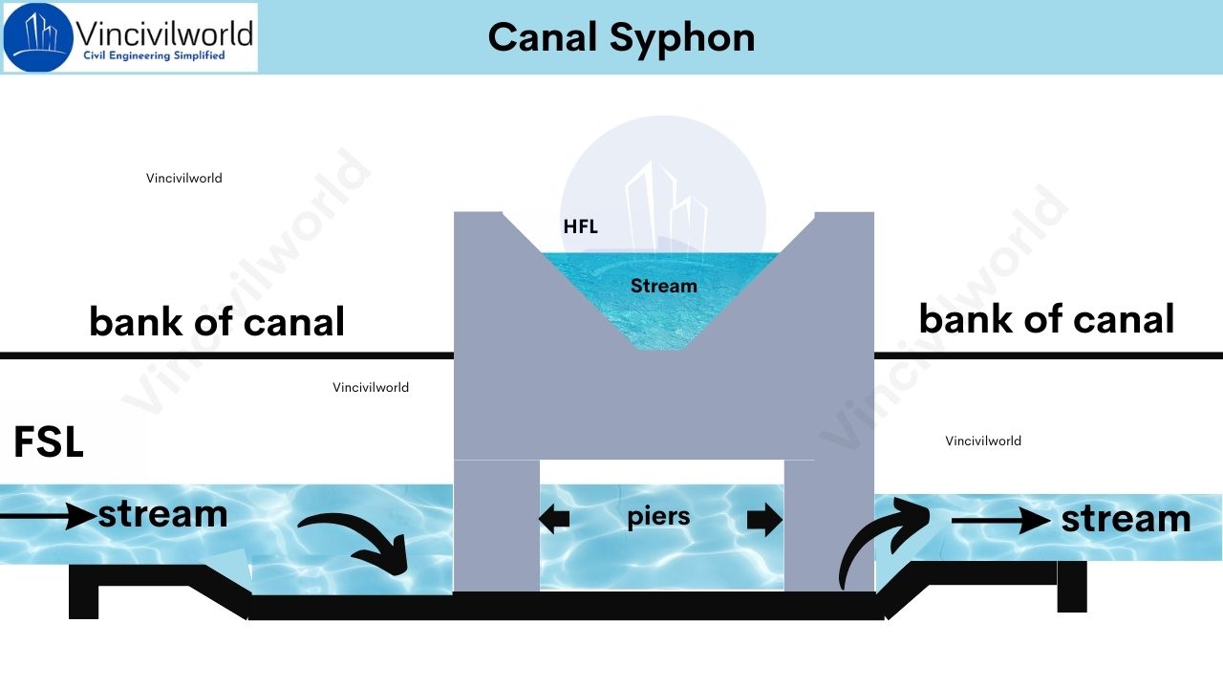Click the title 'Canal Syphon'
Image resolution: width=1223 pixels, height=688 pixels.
(x=621, y=37)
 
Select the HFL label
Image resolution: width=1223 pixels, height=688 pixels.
(x=580, y=227)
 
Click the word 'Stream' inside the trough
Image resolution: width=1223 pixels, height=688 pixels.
(x=663, y=286)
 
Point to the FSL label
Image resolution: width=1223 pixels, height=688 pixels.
(x=49, y=443)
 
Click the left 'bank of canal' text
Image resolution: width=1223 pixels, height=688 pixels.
(x=217, y=322)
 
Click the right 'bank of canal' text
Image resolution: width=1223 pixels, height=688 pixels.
(x=1046, y=319)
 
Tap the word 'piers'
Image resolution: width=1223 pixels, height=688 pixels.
(x=658, y=517)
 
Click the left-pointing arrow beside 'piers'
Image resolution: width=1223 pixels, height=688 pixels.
(x=554, y=520)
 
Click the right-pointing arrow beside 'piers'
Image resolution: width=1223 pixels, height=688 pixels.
(x=763, y=520)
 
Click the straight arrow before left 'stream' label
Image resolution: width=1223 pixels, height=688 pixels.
(x=48, y=517)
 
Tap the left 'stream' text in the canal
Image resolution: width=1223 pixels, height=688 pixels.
(x=162, y=514)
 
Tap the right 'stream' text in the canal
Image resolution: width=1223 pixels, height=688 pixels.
(x=1126, y=519)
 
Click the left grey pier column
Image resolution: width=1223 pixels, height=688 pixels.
(x=496, y=526)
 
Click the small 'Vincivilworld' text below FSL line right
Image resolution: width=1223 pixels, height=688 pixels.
(x=983, y=441)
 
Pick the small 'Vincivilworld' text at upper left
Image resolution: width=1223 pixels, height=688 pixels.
(x=183, y=178)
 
